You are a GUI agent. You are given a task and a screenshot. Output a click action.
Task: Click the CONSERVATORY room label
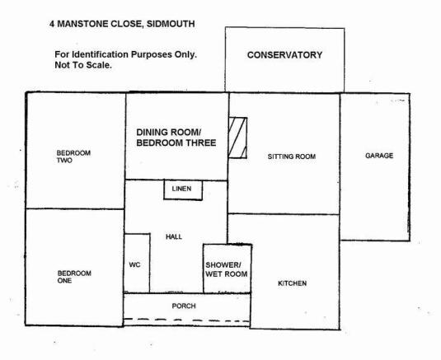pyautogui.click(x=284, y=55)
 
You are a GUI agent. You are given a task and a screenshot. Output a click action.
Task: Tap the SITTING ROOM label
pyautogui.click(x=292, y=157)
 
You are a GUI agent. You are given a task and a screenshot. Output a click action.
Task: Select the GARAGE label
pyautogui.click(x=379, y=156)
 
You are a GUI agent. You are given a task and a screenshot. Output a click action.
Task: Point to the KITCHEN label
pyautogui.click(x=293, y=283)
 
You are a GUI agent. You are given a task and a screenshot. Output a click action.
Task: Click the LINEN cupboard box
pyautogui.click(x=183, y=190)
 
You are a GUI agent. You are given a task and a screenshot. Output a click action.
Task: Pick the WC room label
pyautogui.click(x=134, y=264)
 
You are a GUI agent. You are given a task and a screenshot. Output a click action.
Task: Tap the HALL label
pyautogui.click(x=174, y=237)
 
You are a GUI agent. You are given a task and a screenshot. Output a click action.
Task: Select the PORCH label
pyautogui.click(x=184, y=306)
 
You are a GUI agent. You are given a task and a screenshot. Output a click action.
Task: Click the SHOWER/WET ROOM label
pyautogui.click(x=227, y=269)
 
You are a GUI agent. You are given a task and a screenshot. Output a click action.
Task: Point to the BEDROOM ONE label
pyautogui.click(x=74, y=277)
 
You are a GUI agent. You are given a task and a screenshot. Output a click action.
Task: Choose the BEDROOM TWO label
pyautogui.click(x=73, y=157)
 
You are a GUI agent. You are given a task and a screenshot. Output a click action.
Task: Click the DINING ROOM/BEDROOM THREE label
pyautogui.click(x=176, y=138)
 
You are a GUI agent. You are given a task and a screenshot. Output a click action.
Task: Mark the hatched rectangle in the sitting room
pyautogui.click(x=238, y=138)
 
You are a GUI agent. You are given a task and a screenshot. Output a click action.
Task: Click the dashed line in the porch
pyautogui.click(x=187, y=320)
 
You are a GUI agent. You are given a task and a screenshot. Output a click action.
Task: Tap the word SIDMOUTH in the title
pyautogui.click(x=171, y=24)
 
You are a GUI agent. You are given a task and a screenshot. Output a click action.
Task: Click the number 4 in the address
pyautogui.click(x=52, y=24)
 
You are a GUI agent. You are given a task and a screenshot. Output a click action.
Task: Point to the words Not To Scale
pyautogui.click(x=83, y=65)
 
